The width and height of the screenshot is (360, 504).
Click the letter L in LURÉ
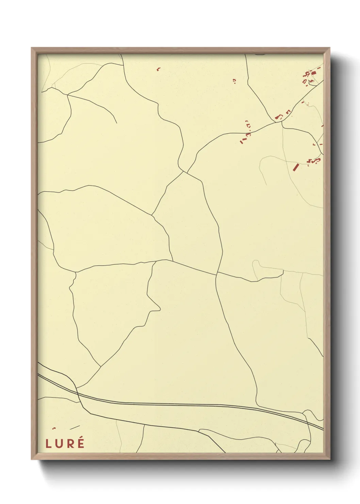click(48, 444)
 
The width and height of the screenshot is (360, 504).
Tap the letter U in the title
click(58, 444)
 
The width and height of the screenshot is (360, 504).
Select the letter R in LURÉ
click(69, 444)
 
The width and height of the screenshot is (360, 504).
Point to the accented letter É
click(81, 443)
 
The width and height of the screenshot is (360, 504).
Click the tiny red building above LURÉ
click(54, 428)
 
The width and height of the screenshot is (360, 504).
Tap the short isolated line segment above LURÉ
click(75, 427)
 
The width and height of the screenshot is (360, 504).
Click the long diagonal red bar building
click(296, 167)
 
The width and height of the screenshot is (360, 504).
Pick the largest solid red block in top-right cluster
click(313, 73)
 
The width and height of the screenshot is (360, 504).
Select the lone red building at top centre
click(158, 69)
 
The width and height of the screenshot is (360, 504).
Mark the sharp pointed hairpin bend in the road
click(160, 310)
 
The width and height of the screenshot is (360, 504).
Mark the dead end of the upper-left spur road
click(117, 123)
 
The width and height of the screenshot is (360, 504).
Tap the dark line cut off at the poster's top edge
click(260, 54)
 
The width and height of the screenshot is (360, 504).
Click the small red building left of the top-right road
click(234, 81)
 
